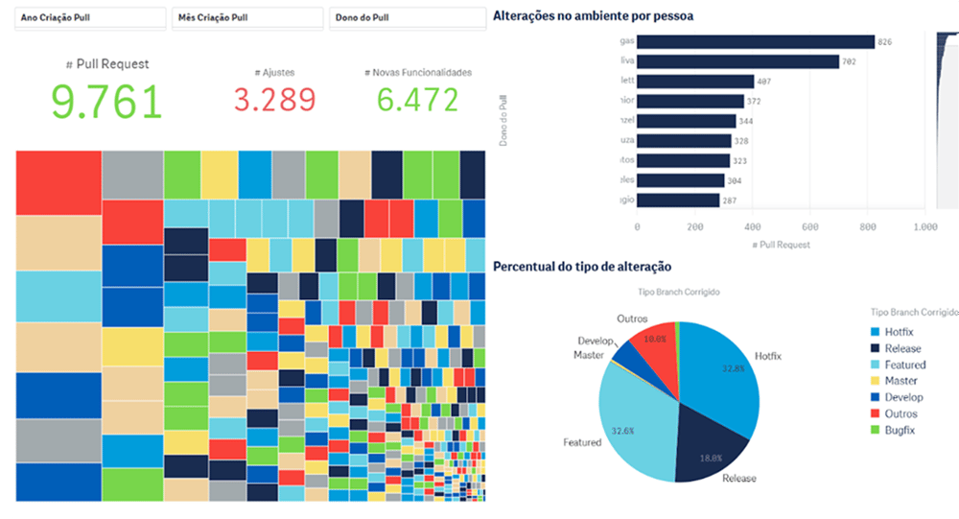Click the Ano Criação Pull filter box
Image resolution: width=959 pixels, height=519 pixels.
pos(88,17)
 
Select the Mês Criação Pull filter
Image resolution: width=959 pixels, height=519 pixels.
pos(246,17)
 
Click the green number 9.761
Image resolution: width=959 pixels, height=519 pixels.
pos(107,101)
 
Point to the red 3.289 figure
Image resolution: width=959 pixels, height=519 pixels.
pos(274,100)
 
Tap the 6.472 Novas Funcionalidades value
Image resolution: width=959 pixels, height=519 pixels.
pos(417,100)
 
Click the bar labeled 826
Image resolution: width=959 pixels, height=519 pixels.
pos(756,42)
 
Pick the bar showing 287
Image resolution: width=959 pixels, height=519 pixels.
pos(678,200)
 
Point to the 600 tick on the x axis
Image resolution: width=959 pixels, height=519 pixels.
pos(809,226)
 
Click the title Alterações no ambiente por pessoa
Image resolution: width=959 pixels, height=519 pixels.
pos(593,15)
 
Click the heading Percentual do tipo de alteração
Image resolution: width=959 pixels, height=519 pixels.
pos(582,266)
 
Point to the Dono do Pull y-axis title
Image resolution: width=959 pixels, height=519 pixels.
pos(503,121)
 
